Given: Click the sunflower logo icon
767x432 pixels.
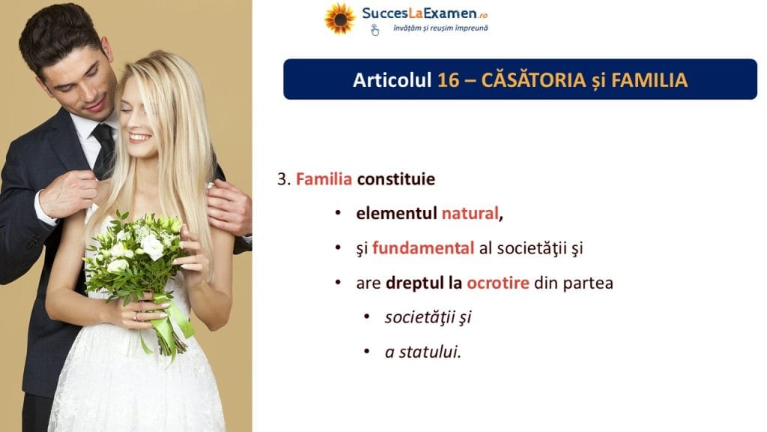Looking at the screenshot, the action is pyautogui.click(x=340, y=19).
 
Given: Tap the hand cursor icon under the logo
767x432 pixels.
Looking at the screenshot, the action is pyautogui.click(x=375, y=30).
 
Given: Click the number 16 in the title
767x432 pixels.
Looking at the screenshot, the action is pyautogui.click(x=448, y=79).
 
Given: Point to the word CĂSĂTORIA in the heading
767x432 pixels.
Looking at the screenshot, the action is pyautogui.click(x=533, y=79).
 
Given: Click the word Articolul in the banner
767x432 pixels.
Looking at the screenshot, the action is pyautogui.click(x=392, y=79).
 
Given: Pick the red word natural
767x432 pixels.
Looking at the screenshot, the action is pyautogui.click(x=470, y=213).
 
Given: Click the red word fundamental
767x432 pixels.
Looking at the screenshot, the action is pyautogui.click(x=423, y=247).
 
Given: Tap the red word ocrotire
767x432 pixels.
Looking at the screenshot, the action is pyautogui.click(x=498, y=283).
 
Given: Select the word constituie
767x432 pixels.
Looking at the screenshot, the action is pyautogui.click(x=395, y=178).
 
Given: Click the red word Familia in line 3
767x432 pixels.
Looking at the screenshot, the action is pyautogui.click(x=324, y=178).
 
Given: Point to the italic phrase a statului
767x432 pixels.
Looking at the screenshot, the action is pyautogui.click(x=423, y=352).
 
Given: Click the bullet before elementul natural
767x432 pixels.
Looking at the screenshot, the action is pyautogui.click(x=338, y=214).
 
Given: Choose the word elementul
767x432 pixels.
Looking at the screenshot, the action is pyautogui.click(x=396, y=213).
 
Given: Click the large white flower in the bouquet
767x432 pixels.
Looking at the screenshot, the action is pyautogui.click(x=151, y=247).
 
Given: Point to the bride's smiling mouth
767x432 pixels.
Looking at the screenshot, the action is pyautogui.click(x=139, y=138).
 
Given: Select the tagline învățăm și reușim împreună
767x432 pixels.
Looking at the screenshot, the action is pyautogui.click(x=440, y=28).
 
